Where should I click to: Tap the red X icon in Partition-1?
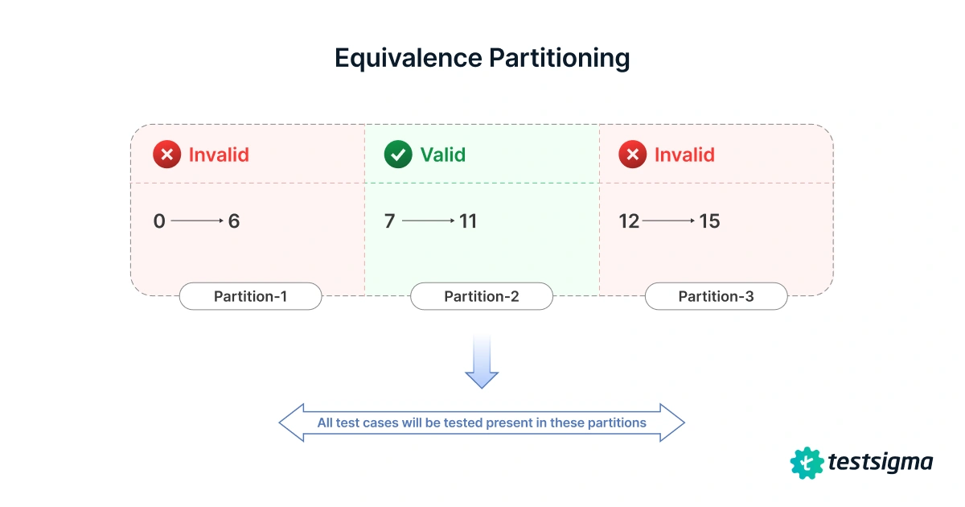point(166,155)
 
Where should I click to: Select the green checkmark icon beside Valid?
point(398,155)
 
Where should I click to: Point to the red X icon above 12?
point(632,155)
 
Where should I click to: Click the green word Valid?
point(442,155)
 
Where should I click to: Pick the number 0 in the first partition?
point(159,221)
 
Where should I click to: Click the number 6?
point(234,221)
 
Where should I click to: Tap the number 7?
point(390,221)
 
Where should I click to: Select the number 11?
point(467,221)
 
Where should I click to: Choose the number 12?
point(629,221)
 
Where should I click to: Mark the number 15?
point(709,221)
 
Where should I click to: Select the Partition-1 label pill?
point(250,296)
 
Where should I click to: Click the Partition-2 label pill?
point(482,296)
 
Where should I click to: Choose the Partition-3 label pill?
point(716,296)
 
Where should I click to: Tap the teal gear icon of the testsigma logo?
point(807,463)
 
